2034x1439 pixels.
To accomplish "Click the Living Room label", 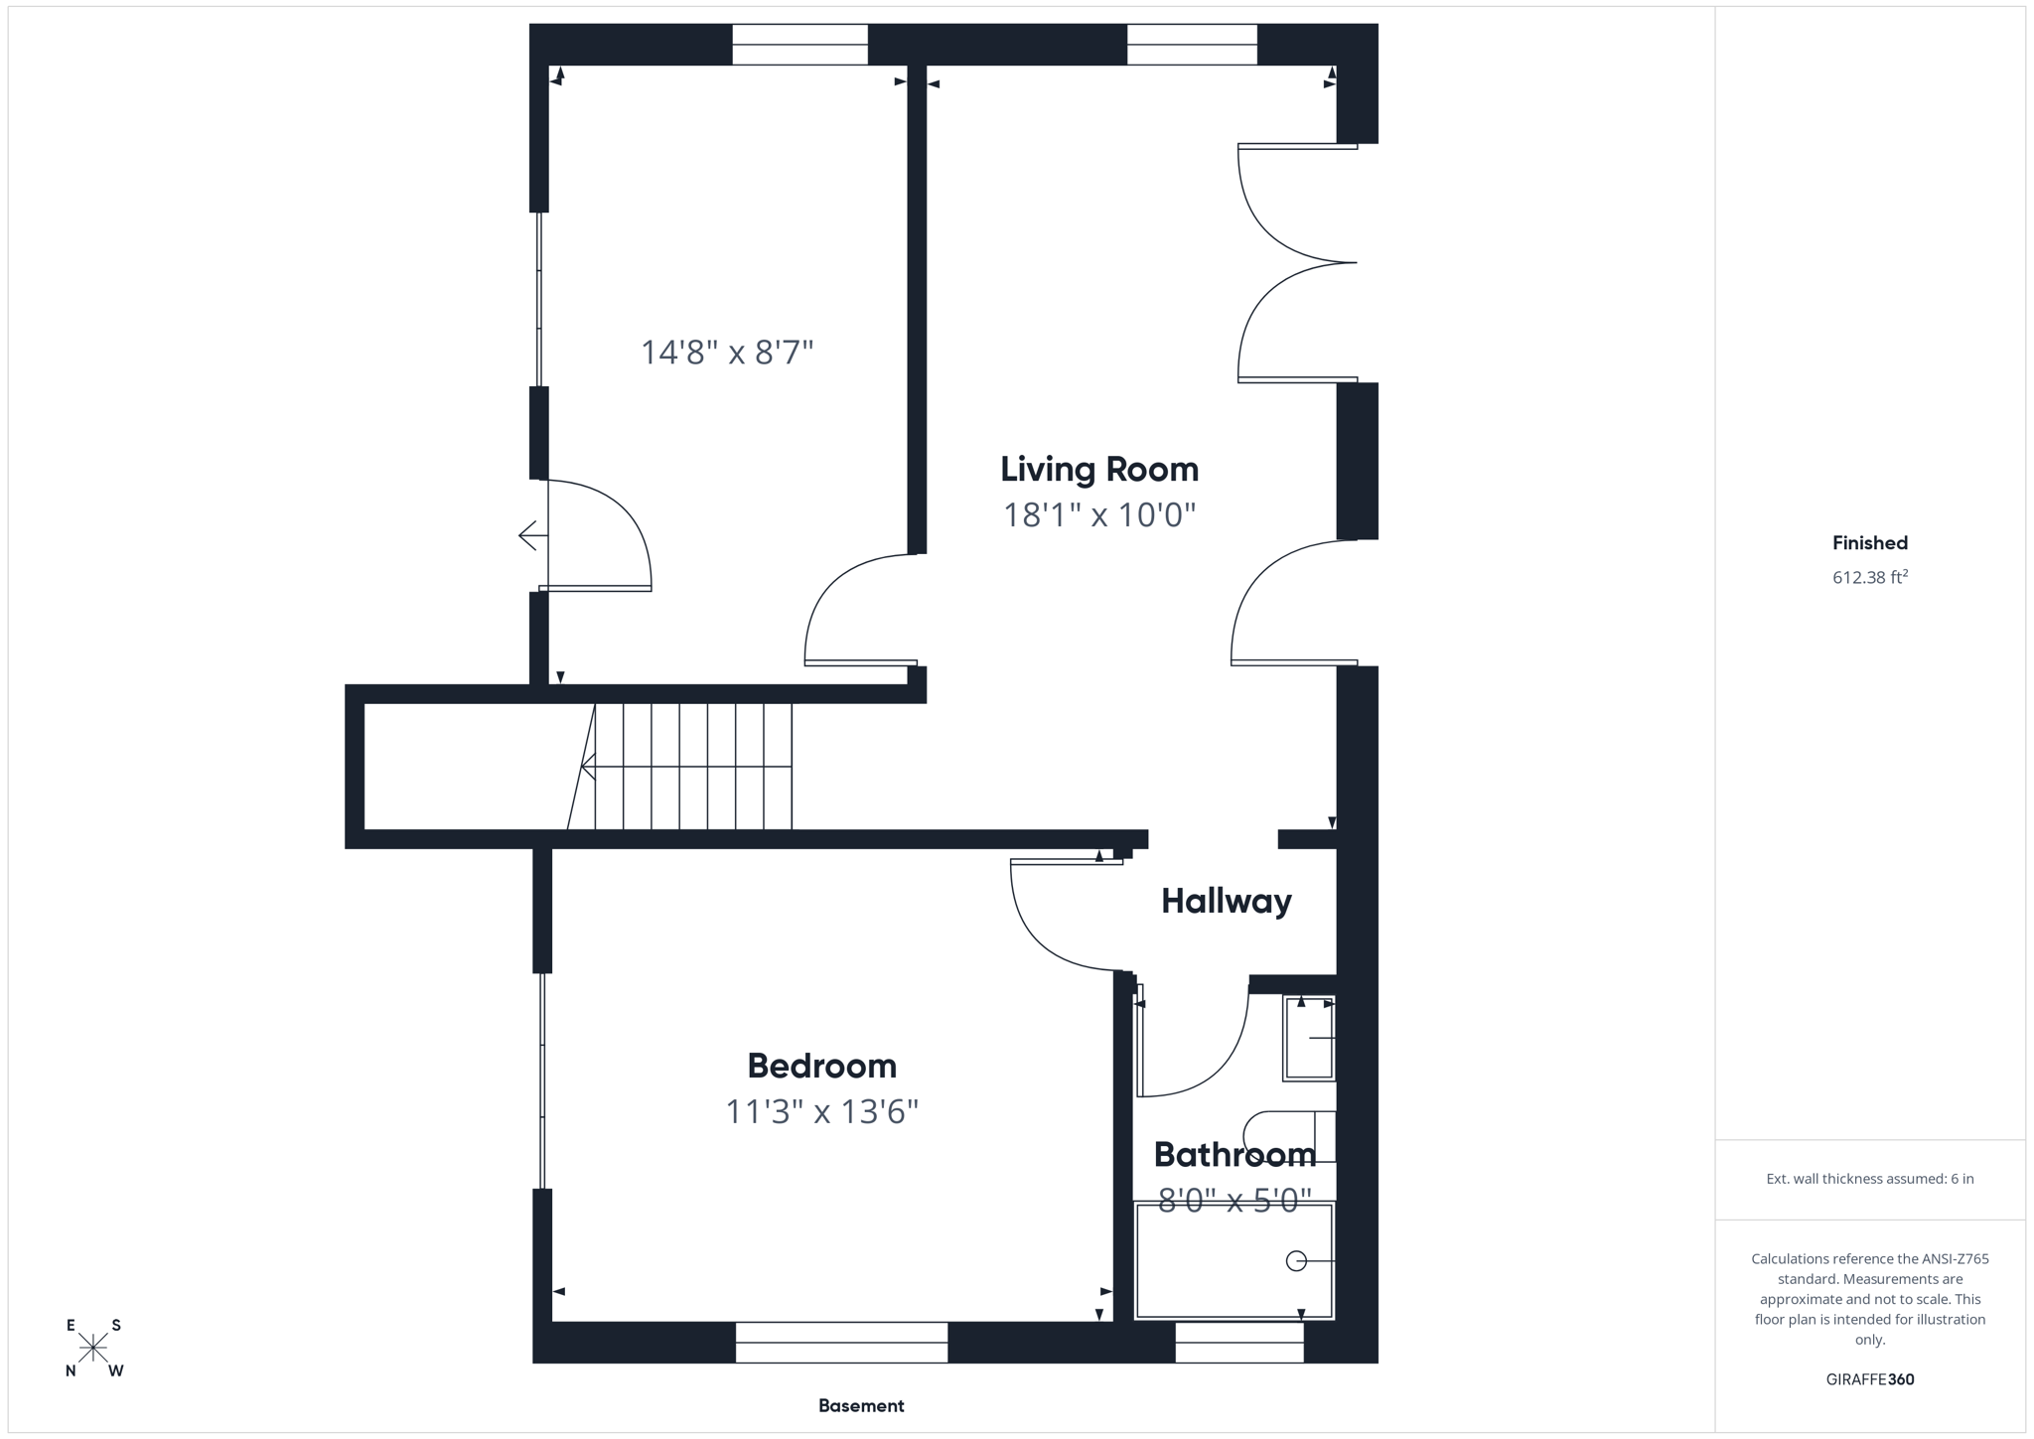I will (1098, 469).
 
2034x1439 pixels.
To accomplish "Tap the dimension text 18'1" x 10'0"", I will (1098, 515).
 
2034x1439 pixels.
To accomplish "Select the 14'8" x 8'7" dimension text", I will (726, 353).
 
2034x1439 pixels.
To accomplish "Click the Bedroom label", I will (821, 1066).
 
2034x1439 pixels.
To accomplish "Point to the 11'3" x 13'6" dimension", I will (821, 1111).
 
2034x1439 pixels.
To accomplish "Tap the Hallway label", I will (1226, 901).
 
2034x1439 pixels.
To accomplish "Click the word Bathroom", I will (1234, 1154).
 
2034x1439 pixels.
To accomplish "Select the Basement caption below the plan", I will (860, 1405).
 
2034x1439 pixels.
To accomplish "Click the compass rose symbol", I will (93, 1348).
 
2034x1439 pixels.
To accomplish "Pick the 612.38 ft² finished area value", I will (1869, 577).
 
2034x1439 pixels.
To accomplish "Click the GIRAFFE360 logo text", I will (1869, 1379).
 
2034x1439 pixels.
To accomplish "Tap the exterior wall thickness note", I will (1869, 1179).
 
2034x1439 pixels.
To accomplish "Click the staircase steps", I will (693, 767).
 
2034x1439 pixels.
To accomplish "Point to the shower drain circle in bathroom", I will (1295, 1261).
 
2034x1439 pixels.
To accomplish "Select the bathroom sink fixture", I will (1309, 1038).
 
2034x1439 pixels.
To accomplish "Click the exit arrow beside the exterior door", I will (531, 535).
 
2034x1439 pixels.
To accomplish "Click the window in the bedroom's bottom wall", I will (841, 1342).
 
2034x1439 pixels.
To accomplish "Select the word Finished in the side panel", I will (1869, 543).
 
